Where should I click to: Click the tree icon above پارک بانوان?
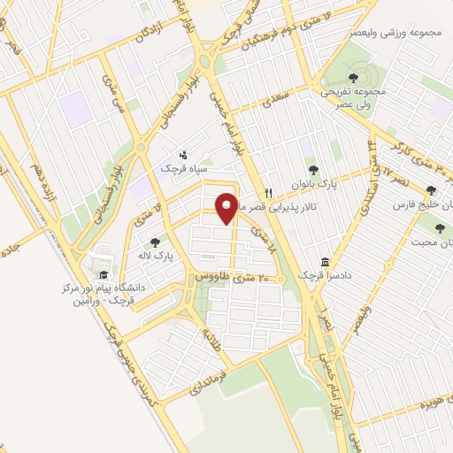tap(311, 171)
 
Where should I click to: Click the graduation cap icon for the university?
tap(104, 273)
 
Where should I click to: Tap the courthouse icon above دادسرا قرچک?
tap(326, 263)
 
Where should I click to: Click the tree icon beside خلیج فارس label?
tap(431, 189)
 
